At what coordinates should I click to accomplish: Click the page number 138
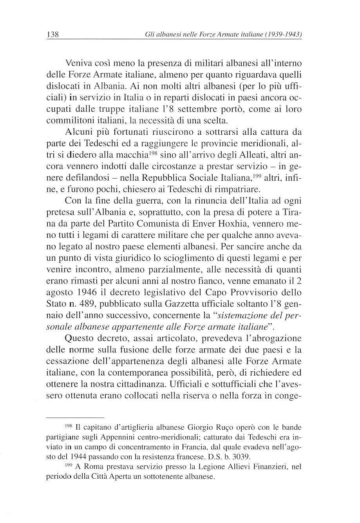pos(52,35)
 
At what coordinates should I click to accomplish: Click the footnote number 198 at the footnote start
pos(69,425)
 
